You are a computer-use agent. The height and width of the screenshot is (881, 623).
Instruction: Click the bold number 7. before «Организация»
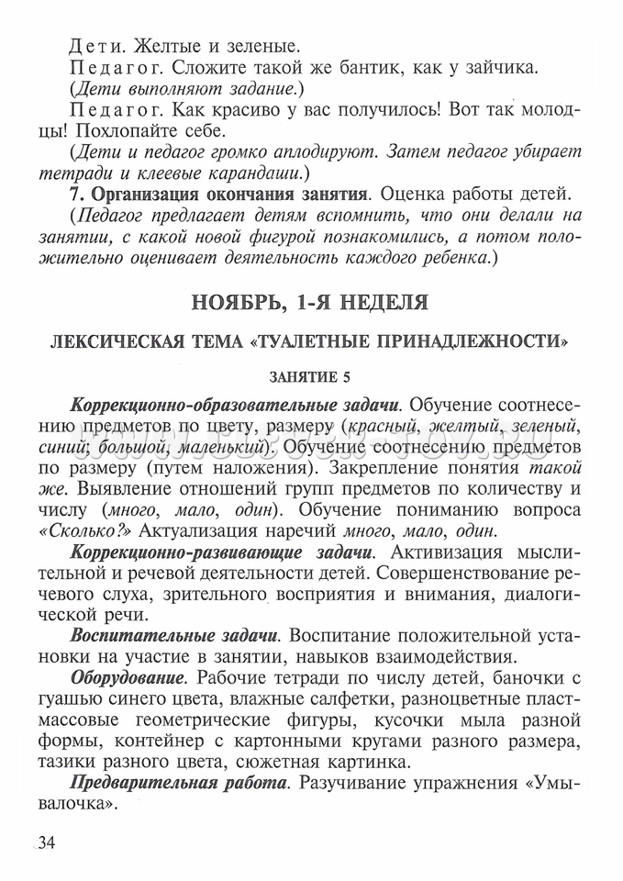point(78,195)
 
